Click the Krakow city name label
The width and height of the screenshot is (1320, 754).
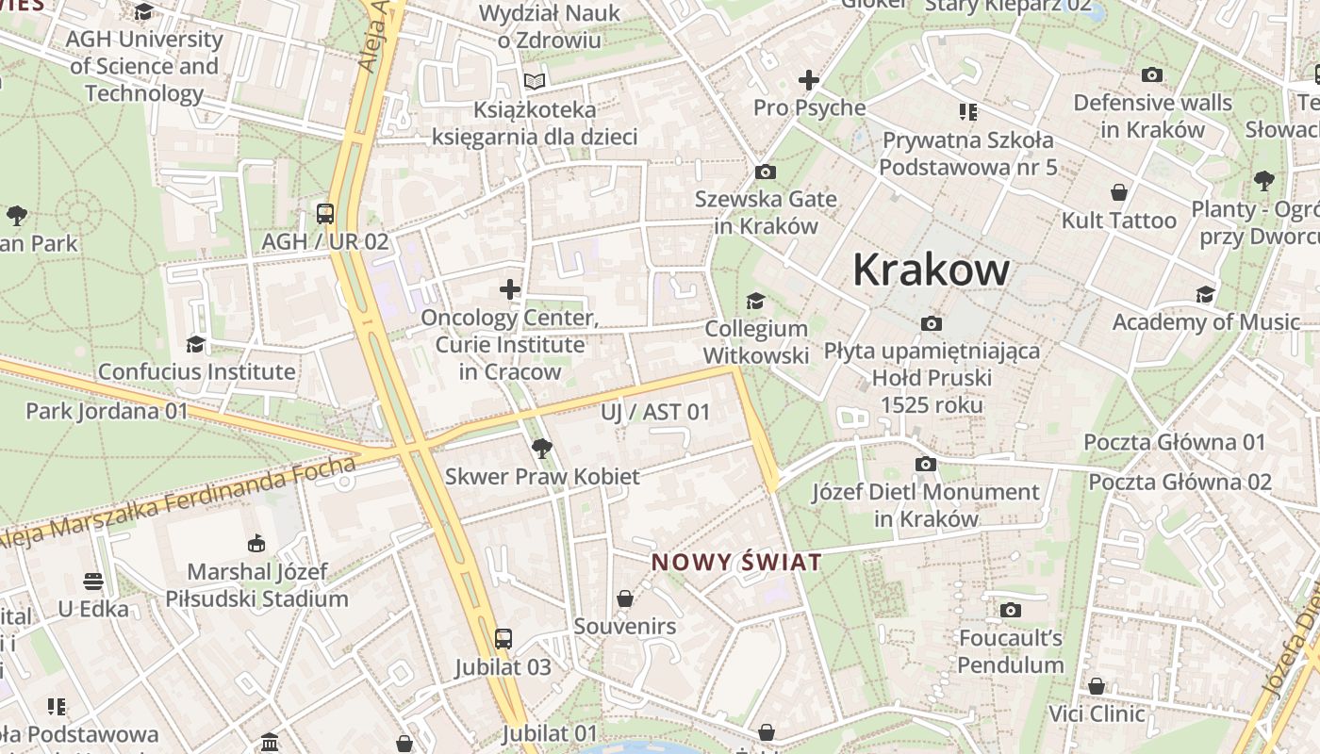(x=931, y=270)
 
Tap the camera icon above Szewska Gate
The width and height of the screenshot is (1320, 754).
(x=766, y=172)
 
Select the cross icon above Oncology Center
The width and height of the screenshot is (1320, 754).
(x=510, y=289)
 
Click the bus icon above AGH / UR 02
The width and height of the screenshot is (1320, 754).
(x=325, y=214)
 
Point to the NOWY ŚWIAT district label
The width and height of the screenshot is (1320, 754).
(x=736, y=563)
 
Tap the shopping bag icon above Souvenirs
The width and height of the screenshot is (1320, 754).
(x=624, y=598)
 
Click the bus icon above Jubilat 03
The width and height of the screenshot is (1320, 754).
(x=503, y=639)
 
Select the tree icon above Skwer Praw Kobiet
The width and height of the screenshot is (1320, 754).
(x=541, y=448)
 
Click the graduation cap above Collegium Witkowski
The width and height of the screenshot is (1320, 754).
(x=755, y=301)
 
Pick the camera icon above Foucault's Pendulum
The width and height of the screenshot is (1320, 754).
(x=1011, y=610)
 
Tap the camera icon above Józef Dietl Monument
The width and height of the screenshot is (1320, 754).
(x=926, y=464)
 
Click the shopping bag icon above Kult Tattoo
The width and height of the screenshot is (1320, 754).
(x=1119, y=192)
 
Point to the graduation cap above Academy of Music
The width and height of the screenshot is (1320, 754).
(x=1206, y=294)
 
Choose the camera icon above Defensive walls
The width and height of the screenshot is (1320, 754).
(x=1152, y=75)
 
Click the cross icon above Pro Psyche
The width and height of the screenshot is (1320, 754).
(x=809, y=80)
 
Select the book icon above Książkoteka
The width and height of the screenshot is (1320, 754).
(x=535, y=81)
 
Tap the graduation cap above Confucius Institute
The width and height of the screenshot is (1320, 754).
(x=196, y=344)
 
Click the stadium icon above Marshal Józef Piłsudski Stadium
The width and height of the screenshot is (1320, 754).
(x=256, y=543)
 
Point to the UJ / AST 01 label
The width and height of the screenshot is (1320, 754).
(x=655, y=412)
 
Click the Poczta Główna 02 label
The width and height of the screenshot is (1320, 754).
(x=1180, y=482)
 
